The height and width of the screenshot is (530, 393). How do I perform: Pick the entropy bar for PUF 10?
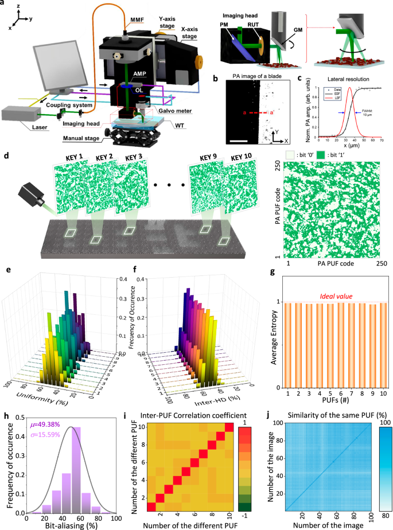(383, 345)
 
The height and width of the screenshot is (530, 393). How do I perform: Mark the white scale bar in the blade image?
(239, 139)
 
